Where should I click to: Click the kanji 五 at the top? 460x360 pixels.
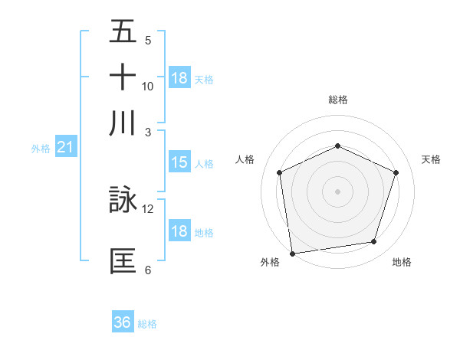[123, 31]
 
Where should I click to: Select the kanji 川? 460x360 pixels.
[123, 123]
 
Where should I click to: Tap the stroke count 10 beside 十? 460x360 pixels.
[148, 86]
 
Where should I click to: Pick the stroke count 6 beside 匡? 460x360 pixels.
[148, 270]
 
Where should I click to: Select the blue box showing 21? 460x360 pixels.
[65, 147]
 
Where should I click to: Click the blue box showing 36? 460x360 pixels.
[123, 322]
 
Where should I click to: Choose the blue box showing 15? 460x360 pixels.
[179, 162]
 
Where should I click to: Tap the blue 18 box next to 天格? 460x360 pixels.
[179, 78]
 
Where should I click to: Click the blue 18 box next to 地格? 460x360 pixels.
[179, 231]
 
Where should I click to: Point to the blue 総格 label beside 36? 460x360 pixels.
[147, 324]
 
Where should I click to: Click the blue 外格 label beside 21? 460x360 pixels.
[41, 149]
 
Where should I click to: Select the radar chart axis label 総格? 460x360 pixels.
[337, 100]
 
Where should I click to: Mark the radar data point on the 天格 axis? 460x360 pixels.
[396, 172]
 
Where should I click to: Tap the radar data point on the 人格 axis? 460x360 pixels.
[280, 172]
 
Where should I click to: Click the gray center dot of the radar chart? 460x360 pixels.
[337, 191]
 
